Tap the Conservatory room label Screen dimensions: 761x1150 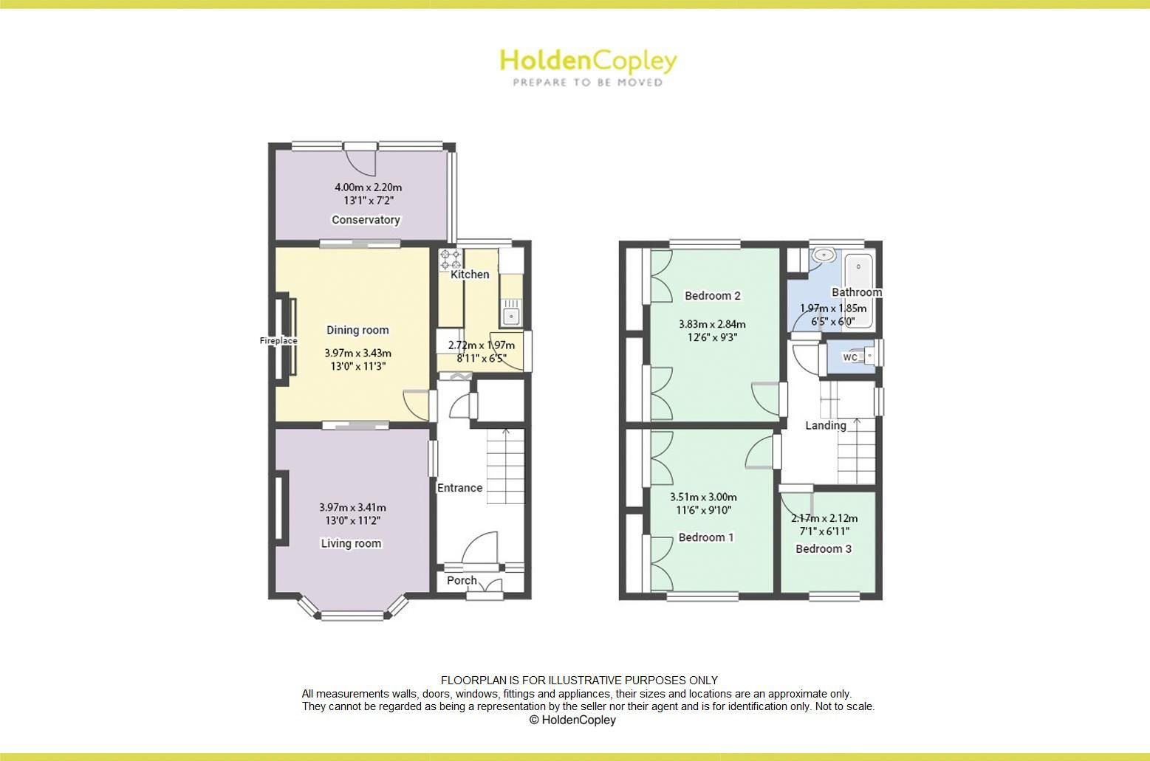[366, 220]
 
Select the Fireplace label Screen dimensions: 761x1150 [278, 341]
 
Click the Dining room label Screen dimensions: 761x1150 [357, 330]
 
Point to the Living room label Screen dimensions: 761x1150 [351, 544]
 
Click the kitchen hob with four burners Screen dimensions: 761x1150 [450, 260]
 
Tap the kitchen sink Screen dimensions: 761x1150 [510, 312]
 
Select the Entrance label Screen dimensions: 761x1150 [459, 488]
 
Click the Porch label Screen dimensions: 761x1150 [462, 580]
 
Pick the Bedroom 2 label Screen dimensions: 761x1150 [712, 296]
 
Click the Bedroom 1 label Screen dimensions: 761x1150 [706, 537]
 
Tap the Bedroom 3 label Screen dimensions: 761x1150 [824, 549]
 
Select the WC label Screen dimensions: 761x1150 [850, 357]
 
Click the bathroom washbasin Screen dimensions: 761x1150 [824, 255]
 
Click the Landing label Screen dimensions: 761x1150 [825, 426]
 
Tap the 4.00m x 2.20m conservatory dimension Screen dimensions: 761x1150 [368, 187]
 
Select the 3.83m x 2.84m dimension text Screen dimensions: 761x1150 [712, 324]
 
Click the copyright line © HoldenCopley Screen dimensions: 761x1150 [572, 720]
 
